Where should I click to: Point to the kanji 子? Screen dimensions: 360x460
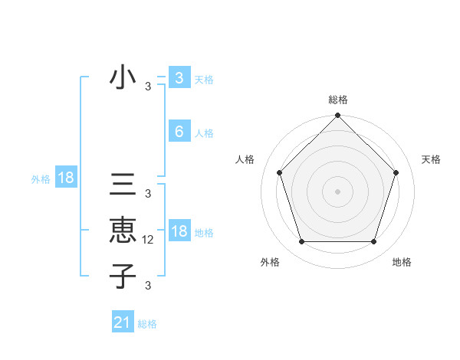[123, 275]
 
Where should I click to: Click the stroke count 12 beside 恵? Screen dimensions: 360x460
[149, 240]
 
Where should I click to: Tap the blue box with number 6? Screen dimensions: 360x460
[179, 132]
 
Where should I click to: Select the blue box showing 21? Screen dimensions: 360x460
[123, 322]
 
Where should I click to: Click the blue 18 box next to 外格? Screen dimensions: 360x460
[66, 178]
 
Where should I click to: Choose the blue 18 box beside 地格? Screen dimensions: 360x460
[179, 231]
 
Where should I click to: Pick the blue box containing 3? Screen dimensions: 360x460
[179, 78]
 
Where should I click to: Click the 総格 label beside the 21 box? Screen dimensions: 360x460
[147, 324]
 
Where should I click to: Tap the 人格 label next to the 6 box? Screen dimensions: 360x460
[204, 133]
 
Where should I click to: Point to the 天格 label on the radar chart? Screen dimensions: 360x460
[431, 159]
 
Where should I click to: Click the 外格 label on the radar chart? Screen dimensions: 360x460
[270, 262]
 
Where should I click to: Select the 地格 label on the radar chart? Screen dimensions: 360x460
[402, 262]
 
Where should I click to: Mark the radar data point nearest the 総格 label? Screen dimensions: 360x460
[337, 116]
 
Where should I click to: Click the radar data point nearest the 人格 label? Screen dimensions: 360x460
[279, 172]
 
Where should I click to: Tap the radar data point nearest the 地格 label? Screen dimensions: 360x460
[373, 241]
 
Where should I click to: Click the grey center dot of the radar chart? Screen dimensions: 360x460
[337, 191]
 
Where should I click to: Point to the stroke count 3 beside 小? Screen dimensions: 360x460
[148, 87]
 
